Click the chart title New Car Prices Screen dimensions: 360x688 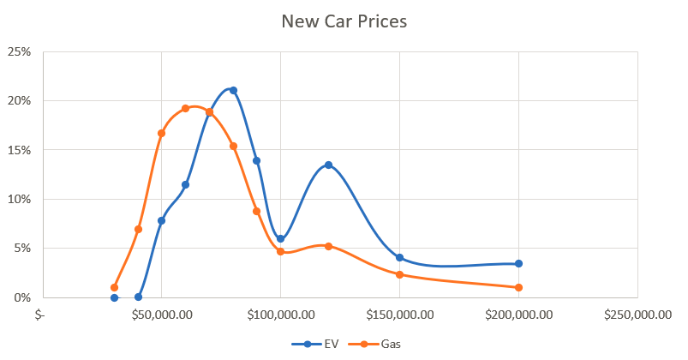(344, 21)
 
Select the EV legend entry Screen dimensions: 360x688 (325, 345)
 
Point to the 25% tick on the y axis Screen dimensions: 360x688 (20, 51)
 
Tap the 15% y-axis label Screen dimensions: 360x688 (20, 150)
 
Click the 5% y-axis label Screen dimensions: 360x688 (23, 249)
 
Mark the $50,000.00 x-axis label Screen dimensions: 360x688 (162, 315)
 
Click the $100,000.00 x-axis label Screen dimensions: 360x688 (280, 315)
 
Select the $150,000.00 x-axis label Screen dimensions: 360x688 (399, 315)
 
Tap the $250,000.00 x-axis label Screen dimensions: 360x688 (637, 315)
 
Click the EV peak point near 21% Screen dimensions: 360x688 (233, 90)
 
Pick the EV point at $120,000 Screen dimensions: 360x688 (328, 165)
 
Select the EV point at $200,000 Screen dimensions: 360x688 (518, 264)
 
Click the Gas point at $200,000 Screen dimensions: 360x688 (518, 287)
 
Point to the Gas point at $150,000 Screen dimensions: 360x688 (399, 274)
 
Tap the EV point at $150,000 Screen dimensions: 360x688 (399, 258)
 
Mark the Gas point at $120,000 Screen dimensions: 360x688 (328, 246)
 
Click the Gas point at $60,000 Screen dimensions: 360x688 (185, 108)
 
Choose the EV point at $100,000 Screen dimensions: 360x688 (280, 238)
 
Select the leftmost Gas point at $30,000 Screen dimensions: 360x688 (114, 287)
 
